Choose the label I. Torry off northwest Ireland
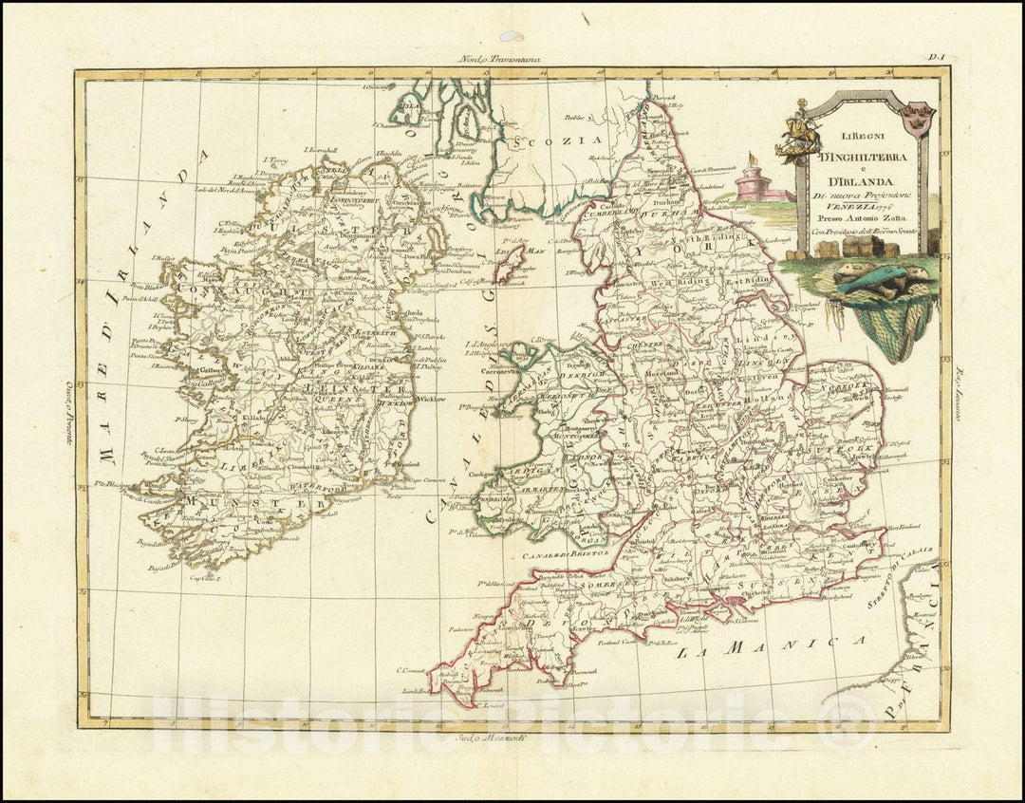(274, 161)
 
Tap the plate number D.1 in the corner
(938, 58)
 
